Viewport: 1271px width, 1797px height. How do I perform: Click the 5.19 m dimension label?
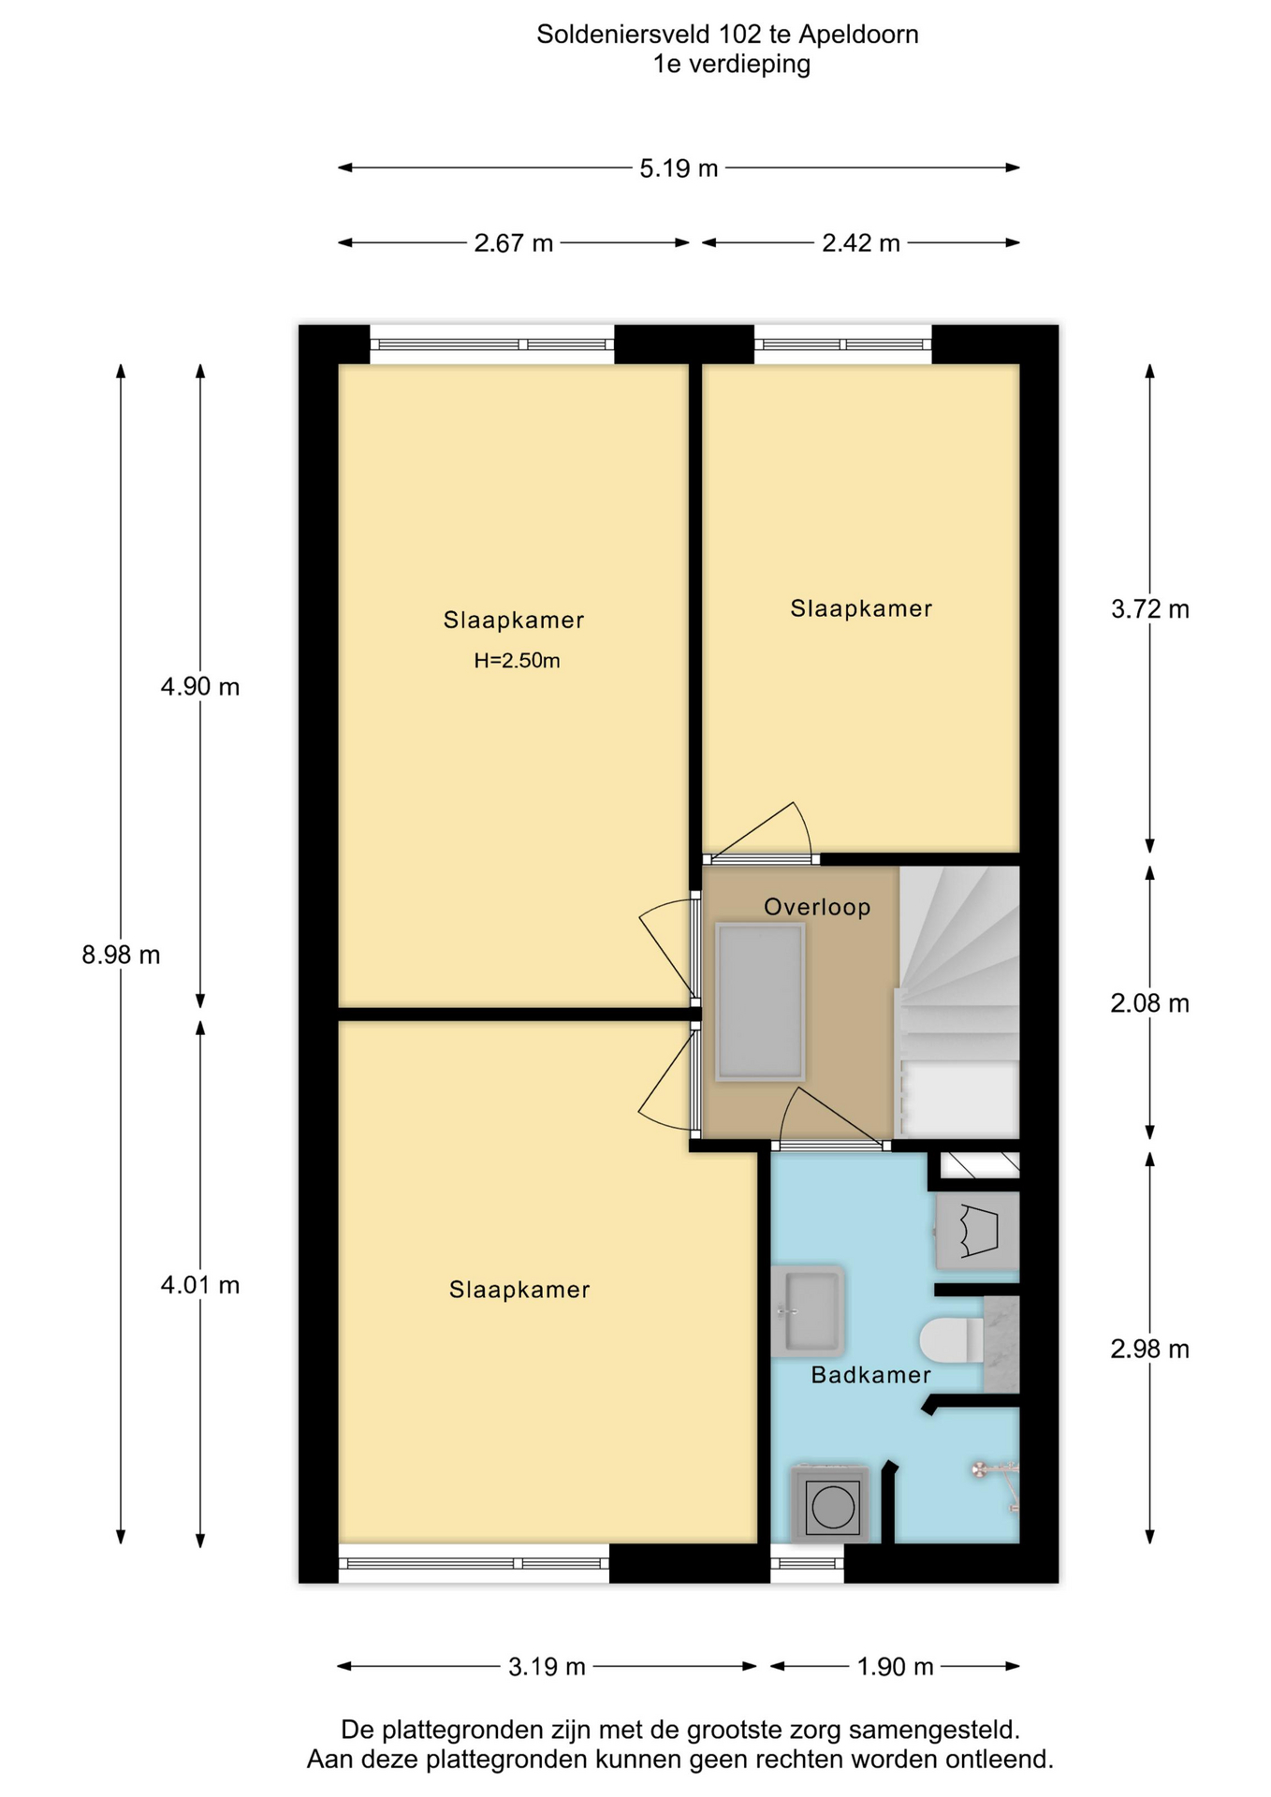(679, 168)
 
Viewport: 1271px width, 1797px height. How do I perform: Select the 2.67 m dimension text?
(513, 243)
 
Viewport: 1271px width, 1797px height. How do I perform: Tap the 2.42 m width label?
(860, 243)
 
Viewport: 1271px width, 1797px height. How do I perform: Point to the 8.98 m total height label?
(121, 955)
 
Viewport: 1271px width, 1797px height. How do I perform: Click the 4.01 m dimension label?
(199, 1285)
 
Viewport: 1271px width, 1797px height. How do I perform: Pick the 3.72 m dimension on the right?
(1149, 609)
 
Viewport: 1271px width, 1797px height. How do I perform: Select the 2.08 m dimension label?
(1149, 1003)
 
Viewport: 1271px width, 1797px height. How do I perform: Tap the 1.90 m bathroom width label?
(895, 1667)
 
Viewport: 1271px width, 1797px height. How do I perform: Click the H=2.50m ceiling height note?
(517, 661)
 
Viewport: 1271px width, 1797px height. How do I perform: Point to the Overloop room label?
(817, 907)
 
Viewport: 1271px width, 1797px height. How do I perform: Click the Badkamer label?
(870, 1375)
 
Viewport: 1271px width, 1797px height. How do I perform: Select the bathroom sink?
(807, 1311)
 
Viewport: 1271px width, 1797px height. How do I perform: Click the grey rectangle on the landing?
(760, 1002)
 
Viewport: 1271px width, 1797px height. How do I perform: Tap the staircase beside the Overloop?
(957, 1001)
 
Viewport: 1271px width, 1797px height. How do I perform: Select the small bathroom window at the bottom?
(807, 1563)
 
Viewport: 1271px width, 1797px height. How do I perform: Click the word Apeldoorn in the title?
(858, 35)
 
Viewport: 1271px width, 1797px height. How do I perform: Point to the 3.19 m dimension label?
(547, 1667)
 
